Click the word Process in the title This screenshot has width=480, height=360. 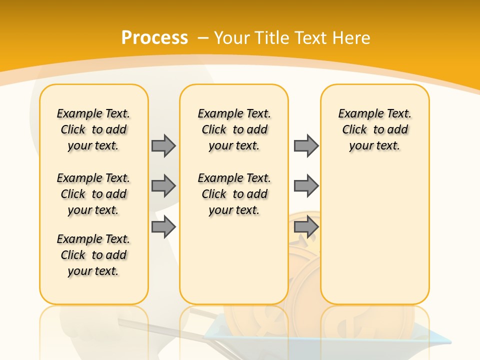coord(154,38)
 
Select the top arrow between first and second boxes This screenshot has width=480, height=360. coord(163,145)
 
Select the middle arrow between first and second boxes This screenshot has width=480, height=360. coord(163,186)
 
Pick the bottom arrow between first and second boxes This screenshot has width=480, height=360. coord(163,227)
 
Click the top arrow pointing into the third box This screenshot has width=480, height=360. coord(306,145)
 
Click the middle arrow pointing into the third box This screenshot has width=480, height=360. coord(306,186)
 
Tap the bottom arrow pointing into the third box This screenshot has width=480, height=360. coord(306,227)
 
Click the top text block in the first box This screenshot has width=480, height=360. coord(93,129)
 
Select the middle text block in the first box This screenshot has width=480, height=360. coord(93,194)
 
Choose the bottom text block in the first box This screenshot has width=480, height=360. coord(93,255)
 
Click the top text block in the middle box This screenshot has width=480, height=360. coord(234,129)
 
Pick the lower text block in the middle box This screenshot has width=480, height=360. coord(234,194)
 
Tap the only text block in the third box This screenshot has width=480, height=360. coord(375,129)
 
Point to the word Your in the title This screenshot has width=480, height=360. coord(232,38)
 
